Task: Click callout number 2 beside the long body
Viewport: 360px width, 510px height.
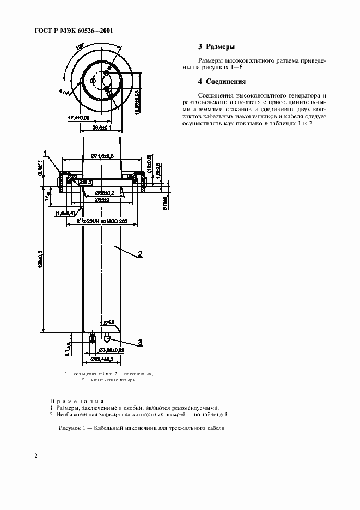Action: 140,254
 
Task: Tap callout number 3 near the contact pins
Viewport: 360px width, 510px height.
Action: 139,342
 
